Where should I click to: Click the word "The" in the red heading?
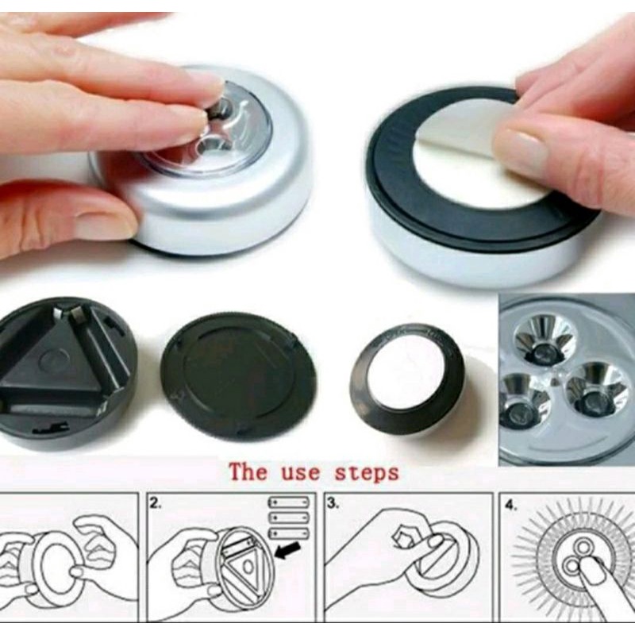pos(248,472)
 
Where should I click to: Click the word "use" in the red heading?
pos(301,474)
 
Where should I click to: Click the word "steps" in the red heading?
pos(367,474)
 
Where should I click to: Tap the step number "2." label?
pos(155,503)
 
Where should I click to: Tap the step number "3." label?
pos(333,503)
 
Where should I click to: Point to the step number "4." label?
pos(510,506)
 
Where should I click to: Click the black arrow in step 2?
pos(287,551)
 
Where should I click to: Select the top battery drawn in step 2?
pos(289,502)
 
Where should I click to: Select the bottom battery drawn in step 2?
pos(289,533)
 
